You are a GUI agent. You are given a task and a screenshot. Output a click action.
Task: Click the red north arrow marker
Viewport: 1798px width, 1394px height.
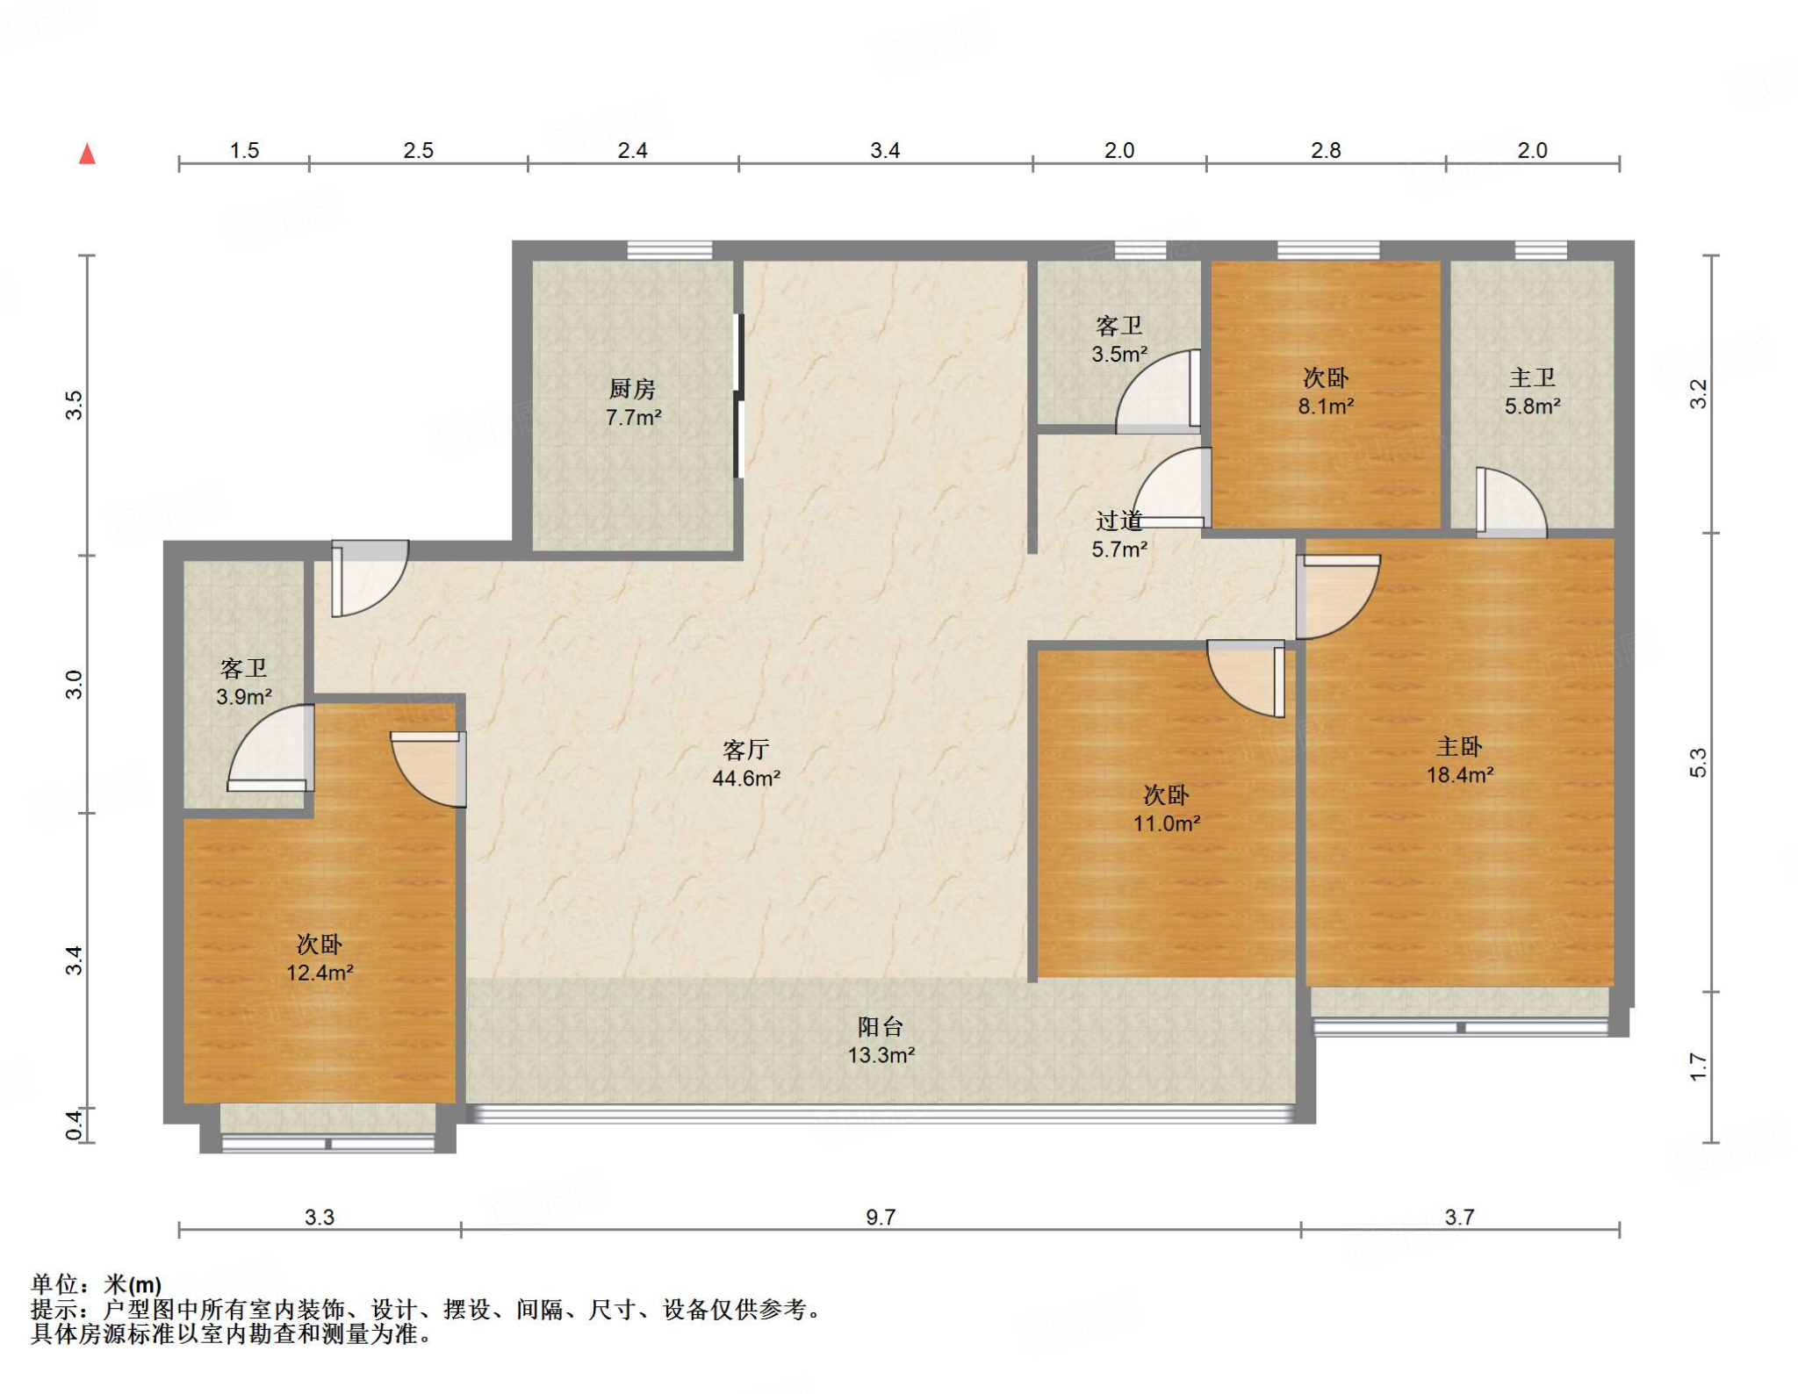(87, 154)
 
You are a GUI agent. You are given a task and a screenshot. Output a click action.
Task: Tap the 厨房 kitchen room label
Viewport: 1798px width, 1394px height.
(632, 388)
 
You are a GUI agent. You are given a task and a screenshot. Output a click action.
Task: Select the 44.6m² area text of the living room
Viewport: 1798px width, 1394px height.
(746, 778)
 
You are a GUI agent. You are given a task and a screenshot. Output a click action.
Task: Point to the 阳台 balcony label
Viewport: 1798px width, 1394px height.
(880, 1026)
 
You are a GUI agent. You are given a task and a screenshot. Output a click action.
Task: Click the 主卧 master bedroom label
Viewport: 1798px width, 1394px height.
(1459, 746)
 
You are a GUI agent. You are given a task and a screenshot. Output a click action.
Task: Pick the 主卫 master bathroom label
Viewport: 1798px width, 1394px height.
(1532, 377)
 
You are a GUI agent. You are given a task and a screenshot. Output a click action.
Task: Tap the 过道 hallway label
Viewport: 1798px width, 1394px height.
(1118, 521)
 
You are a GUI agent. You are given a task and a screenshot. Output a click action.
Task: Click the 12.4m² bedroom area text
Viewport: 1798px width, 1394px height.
(320, 973)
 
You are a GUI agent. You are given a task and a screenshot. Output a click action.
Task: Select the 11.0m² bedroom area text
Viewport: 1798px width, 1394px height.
(1166, 823)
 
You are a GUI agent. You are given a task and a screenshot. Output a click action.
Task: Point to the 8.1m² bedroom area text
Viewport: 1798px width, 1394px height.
(1326, 406)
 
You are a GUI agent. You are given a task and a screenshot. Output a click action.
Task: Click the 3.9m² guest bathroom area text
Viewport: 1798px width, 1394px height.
(244, 697)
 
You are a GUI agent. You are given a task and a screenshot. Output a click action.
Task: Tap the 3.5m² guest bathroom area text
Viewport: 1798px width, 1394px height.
(1119, 355)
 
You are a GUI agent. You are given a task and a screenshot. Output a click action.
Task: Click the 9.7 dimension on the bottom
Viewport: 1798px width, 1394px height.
(881, 1217)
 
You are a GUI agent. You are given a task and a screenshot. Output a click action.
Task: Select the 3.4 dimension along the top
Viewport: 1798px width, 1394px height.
(885, 150)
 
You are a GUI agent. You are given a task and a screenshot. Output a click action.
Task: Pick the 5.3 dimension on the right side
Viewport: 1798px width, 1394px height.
(1698, 762)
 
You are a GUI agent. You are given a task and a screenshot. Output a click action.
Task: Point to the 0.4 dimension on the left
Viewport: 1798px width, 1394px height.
(75, 1126)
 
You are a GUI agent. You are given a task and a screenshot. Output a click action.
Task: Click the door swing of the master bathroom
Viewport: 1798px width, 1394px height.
(1511, 501)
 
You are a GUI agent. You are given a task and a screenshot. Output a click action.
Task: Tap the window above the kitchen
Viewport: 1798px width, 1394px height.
(669, 250)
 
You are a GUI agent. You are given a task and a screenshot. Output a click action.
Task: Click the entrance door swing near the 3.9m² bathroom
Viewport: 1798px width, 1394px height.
(370, 578)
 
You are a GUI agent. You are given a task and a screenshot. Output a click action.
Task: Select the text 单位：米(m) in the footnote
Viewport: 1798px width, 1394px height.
(97, 1284)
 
